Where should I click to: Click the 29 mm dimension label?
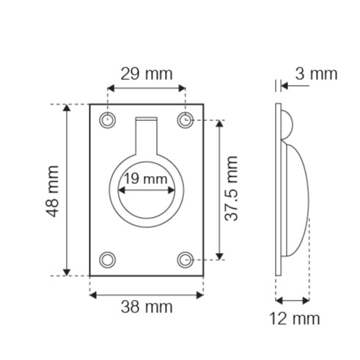[x=147, y=74]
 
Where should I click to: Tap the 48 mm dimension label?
[x=53, y=191]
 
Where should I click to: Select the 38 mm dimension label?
[x=147, y=307]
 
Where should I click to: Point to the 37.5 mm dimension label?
[x=231, y=188]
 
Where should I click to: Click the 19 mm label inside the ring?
[x=146, y=179]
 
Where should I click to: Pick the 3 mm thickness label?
[x=316, y=74]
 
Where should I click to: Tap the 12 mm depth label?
[x=295, y=319]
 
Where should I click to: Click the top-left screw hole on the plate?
[x=108, y=120]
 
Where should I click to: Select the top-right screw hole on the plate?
[x=185, y=120]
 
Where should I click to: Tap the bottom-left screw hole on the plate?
[x=108, y=260]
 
